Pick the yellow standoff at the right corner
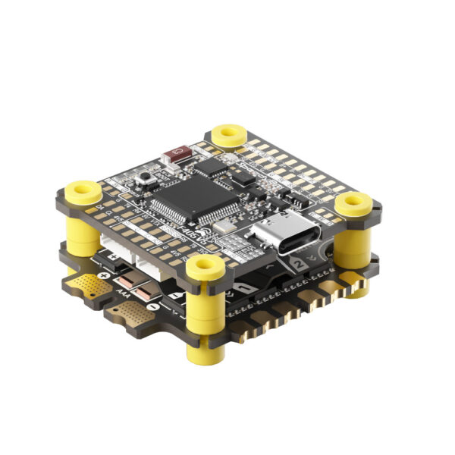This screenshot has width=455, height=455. (x=353, y=203)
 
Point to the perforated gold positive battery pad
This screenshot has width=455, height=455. (x=91, y=287)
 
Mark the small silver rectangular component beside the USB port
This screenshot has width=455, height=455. (x=223, y=225)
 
